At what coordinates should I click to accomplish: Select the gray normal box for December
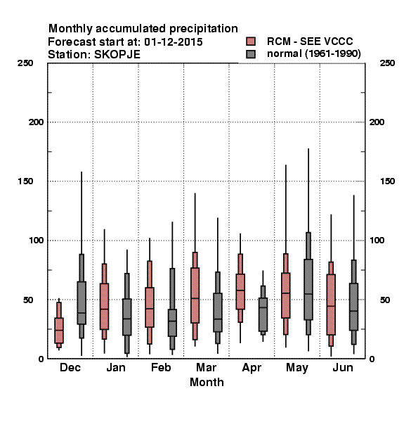click(x=81, y=302)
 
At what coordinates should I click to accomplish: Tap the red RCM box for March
click(x=195, y=295)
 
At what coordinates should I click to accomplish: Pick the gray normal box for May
click(x=308, y=290)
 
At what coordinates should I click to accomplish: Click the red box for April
click(x=240, y=291)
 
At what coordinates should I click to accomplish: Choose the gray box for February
click(x=172, y=323)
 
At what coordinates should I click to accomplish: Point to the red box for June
click(x=331, y=305)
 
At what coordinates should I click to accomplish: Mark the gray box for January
click(x=127, y=317)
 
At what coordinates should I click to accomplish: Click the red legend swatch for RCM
click(x=251, y=41)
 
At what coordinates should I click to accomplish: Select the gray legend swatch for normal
click(x=251, y=54)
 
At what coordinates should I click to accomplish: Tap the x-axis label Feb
click(x=161, y=367)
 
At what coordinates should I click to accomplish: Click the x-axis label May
click(x=297, y=368)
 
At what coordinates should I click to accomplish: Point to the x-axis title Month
click(x=207, y=382)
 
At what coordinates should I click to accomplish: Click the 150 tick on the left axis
click(x=25, y=181)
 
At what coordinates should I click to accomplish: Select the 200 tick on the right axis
click(x=377, y=122)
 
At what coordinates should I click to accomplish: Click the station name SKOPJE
click(x=117, y=55)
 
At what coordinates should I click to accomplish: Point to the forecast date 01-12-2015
click(x=174, y=42)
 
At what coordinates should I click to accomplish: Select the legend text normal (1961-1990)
click(x=313, y=54)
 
